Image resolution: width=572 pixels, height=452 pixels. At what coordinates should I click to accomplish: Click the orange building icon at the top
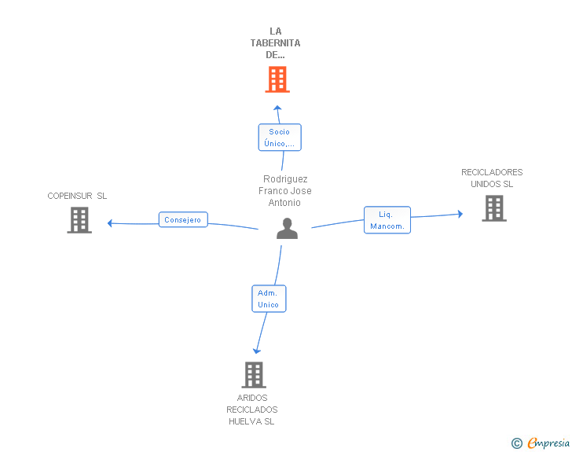[x=277, y=79]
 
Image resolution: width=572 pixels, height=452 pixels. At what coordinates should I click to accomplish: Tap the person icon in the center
[x=288, y=229]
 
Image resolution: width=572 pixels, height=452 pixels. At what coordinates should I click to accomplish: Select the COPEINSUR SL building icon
[x=79, y=220]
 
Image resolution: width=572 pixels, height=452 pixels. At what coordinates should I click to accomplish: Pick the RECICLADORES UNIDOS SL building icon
[x=493, y=208]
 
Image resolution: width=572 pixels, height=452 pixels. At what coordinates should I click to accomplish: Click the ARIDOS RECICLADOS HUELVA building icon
[x=253, y=375]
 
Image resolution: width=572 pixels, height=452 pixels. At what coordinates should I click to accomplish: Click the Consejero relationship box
[x=183, y=220]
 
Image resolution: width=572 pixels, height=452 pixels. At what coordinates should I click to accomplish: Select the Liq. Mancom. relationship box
[x=387, y=220]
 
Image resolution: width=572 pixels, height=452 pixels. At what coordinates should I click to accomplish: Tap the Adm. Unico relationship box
[x=268, y=299]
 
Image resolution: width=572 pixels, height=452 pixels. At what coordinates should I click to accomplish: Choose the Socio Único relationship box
[x=279, y=138]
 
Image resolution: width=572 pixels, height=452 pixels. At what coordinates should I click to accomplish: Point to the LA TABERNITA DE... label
[x=275, y=43]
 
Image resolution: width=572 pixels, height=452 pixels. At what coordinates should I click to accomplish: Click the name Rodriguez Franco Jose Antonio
[x=285, y=191]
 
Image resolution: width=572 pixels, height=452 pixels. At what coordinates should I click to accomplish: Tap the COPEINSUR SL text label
[x=77, y=196]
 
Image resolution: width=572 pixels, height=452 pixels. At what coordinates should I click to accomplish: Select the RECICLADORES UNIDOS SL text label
[x=492, y=178]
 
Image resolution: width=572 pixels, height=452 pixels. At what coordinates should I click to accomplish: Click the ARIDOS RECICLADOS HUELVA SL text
[x=252, y=410]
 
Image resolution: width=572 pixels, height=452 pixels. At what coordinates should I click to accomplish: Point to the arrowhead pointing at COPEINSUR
[x=111, y=223]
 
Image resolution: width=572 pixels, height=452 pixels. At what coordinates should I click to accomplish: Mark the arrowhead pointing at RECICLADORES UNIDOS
[x=460, y=214]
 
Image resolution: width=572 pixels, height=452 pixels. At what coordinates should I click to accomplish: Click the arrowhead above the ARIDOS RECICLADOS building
[x=255, y=351]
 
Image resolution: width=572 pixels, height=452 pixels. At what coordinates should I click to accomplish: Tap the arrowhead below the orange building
[x=277, y=106]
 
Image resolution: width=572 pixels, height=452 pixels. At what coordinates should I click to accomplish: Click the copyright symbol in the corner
[x=516, y=443]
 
